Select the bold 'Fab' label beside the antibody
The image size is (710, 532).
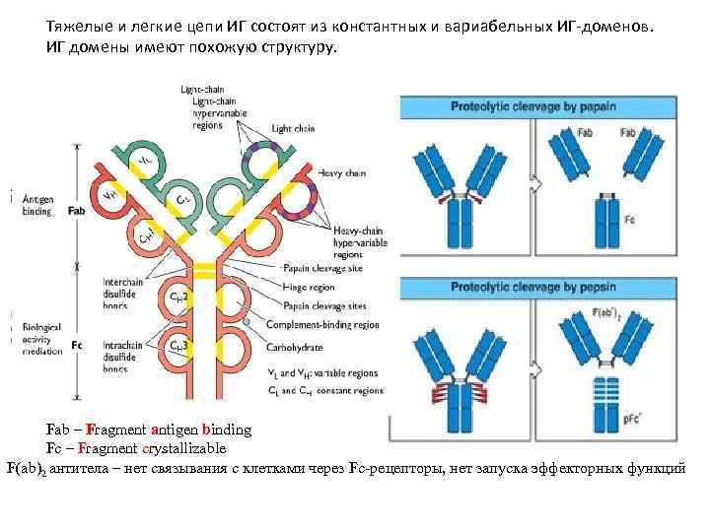77,211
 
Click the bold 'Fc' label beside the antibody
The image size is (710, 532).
77,345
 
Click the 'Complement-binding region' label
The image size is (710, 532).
329,324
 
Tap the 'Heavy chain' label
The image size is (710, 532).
343,173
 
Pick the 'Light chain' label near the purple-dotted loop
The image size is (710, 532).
294,128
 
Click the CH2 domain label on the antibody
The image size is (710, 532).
179,297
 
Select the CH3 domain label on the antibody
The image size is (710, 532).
179,346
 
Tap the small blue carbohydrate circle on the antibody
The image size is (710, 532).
246,322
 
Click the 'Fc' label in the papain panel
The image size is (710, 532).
629,220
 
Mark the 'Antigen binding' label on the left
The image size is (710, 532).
37,204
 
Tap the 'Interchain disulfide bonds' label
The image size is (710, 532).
122,293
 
